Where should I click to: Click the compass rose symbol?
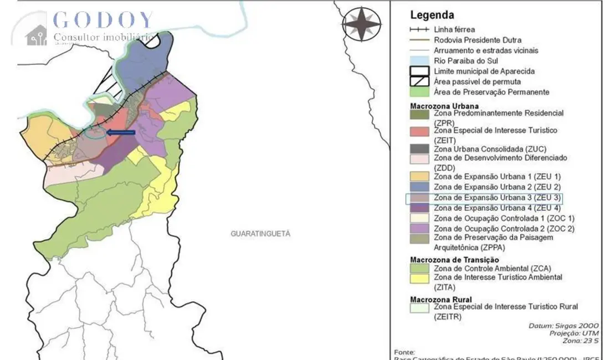click(x=361, y=24)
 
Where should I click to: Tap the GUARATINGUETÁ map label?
click(x=260, y=234)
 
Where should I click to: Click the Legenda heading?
click(x=432, y=16)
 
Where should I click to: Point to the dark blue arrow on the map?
click(x=121, y=132)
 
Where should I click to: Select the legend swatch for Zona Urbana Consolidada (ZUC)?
click(x=419, y=148)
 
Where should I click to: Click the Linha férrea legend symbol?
click(x=419, y=29)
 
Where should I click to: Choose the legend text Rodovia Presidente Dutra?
click(x=477, y=40)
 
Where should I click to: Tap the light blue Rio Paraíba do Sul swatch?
click(x=419, y=60)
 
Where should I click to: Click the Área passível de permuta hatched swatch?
click(x=419, y=81)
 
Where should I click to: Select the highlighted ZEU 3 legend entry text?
click(x=497, y=198)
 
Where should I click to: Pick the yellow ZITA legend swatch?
click(x=419, y=279)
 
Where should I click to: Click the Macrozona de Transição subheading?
click(x=454, y=260)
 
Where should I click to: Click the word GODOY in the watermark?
click(x=103, y=20)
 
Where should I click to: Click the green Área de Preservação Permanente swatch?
click(x=419, y=92)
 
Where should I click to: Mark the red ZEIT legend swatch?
click(x=419, y=131)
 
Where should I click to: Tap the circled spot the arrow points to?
click(x=95, y=132)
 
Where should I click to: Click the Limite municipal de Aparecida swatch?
click(x=419, y=71)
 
